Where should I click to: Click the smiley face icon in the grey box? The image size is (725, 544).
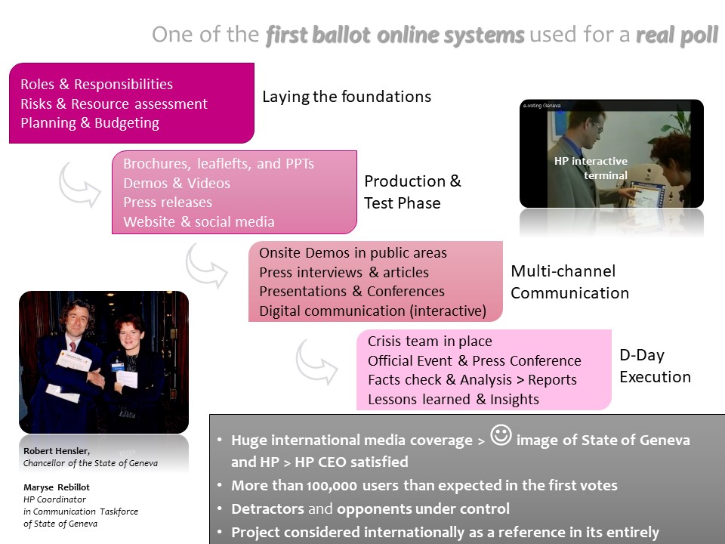tap(501, 435)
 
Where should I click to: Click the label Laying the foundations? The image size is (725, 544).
tap(347, 97)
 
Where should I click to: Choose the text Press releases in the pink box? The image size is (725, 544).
tap(168, 202)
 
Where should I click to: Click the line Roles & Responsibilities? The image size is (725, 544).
tap(97, 84)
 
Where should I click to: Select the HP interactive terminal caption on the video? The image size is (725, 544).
tap(591, 168)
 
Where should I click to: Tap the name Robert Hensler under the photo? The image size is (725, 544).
tap(57, 451)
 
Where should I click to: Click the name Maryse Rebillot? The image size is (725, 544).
tap(57, 487)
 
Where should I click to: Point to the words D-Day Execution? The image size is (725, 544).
tap(656, 366)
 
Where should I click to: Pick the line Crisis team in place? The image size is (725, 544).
tap(430, 342)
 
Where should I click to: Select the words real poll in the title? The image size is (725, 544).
tap(677, 36)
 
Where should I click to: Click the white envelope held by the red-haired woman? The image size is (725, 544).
tap(127, 379)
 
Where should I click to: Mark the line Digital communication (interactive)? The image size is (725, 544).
tap(372, 311)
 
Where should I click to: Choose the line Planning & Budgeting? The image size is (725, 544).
tap(90, 123)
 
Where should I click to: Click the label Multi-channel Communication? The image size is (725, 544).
tap(569, 282)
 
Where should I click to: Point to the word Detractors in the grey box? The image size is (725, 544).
tap(267, 508)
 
